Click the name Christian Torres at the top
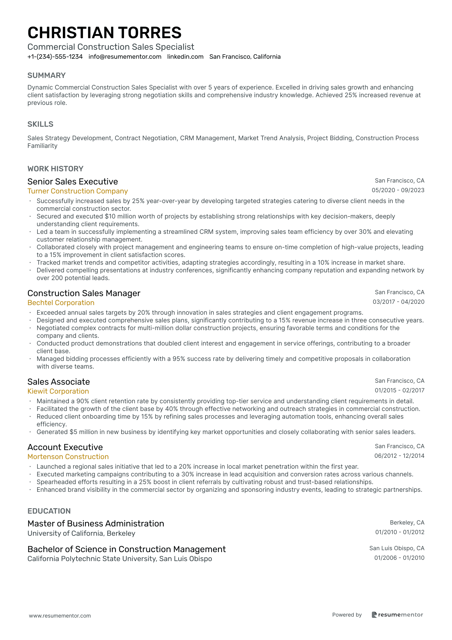[x=105, y=33]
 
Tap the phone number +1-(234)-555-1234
[x=55, y=57]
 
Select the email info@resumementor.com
[x=125, y=57]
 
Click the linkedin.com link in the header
[x=185, y=57]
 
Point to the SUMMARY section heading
[x=46, y=75]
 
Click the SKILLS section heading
[x=40, y=124]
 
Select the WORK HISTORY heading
[x=55, y=169]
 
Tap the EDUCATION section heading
[x=49, y=511]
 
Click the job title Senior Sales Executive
[x=73, y=182]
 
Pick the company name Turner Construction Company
[x=78, y=191]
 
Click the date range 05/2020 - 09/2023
[x=398, y=190]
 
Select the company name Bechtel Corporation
[x=61, y=303]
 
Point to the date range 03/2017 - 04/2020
[x=398, y=302]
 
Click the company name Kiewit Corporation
[x=58, y=391]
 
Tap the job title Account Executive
[x=65, y=447]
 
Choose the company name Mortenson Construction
[x=68, y=457]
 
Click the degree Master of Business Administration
[x=96, y=524]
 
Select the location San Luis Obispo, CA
[x=397, y=548]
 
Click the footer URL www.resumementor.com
[x=60, y=616]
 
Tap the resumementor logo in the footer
[x=397, y=615]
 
